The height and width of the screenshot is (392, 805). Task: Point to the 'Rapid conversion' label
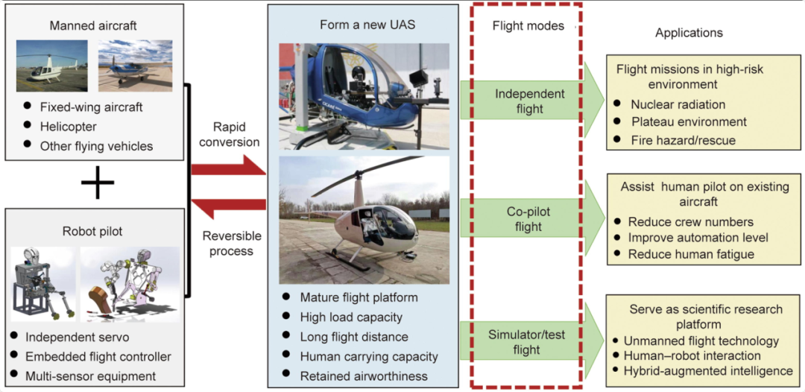pyautogui.click(x=231, y=134)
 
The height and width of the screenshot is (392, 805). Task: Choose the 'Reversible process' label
pyautogui.click(x=232, y=243)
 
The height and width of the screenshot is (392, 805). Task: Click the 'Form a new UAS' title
pyautogui.click(x=367, y=25)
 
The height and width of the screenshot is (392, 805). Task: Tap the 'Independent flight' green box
pyautogui.click(x=530, y=101)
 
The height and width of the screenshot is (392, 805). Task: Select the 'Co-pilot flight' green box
pyautogui.click(x=527, y=219)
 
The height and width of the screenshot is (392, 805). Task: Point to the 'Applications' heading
pyautogui.click(x=689, y=33)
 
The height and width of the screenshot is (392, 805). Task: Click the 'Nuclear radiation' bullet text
pyautogui.click(x=678, y=104)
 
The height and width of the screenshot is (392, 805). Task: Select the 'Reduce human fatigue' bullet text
pyautogui.click(x=691, y=254)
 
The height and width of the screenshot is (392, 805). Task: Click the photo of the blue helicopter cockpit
pyautogui.click(x=364, y=97)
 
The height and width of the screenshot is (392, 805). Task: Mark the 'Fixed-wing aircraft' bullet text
pyautogui.click(x=91, y=107)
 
